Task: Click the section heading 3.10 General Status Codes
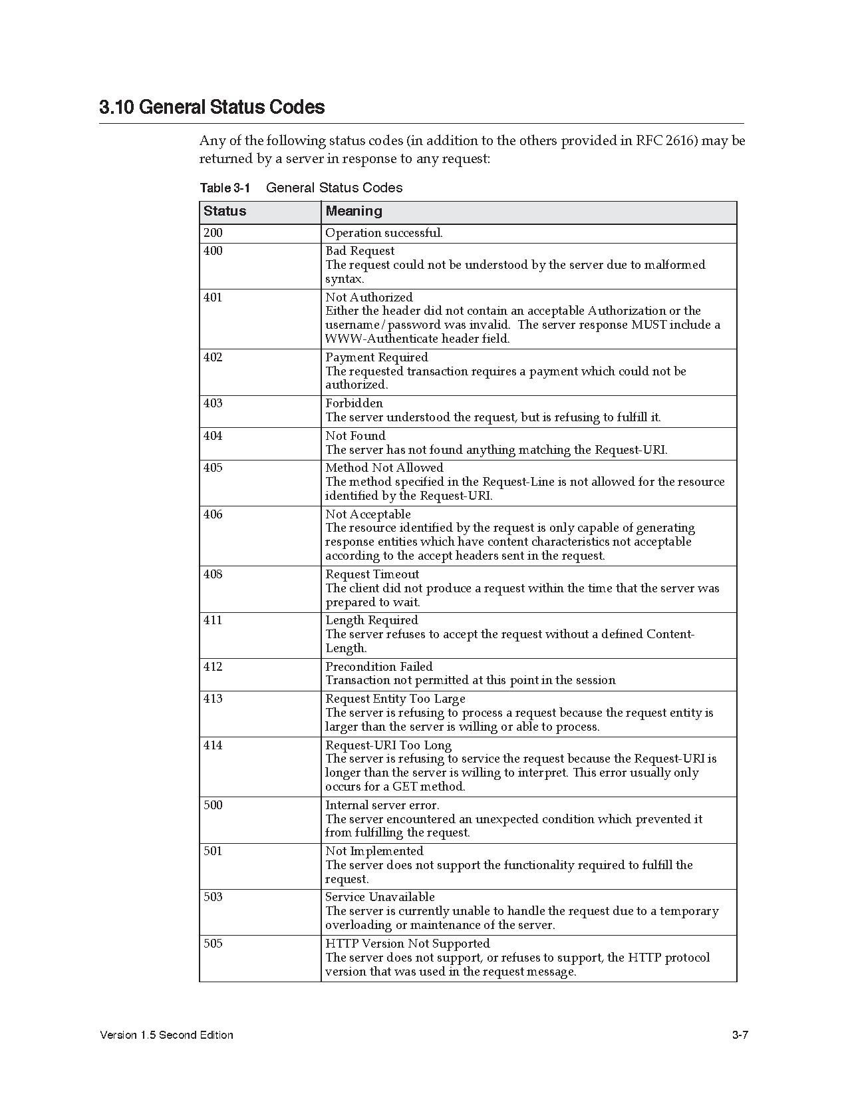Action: pyautogui.click(x=212, y=107)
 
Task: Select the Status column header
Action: pyautogui.click(x=225, y=212)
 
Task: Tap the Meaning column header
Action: pyautogui.click(x=354, y=212)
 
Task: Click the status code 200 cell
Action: pyautogui.click(x=213, y=233)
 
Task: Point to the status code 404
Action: pyautogui.click(x=213, y=436)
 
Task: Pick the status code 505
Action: pyautogui.click(x=213, y=944)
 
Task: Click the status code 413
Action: pyautogui.click(x=213, y=699)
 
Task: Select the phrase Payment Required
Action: pyautogui.click(x=376, y=357)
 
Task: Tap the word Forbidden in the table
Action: pyautogui.click(x=354, y=403)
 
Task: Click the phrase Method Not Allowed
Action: pyautogui.click(x=384, y=468)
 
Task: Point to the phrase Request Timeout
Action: pyautogui.click(x=372, y=574)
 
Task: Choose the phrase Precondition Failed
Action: pyautogui.click(x=378, y=667)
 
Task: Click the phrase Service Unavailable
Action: pyautogui.click(x=380, y=897)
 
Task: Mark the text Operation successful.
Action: pyautogui.click(x=384, y=233)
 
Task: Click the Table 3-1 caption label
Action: pyautogui.click(x=225, y=188)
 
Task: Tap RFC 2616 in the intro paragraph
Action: pyautogui.click(x=666, y=141)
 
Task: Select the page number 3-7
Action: pyautogui.click(x=740, y=1035)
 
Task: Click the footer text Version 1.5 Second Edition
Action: pyautogui.click(x=166, y=1035)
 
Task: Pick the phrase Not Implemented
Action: pyautogui.click(x=374, y=851)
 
